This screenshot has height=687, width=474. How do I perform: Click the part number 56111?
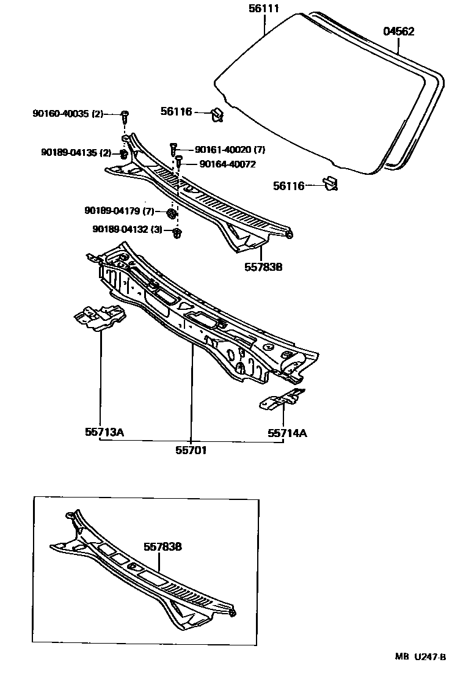264,9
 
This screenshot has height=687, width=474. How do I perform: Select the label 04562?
398,32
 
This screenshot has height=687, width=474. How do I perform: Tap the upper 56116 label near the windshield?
177,112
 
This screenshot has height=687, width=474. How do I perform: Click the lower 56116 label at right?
289,186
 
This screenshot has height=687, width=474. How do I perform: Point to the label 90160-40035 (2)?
68,114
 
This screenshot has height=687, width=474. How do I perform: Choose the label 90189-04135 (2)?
76,153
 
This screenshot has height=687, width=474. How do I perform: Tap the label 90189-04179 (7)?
120,211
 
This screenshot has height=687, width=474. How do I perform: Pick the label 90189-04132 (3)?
127,229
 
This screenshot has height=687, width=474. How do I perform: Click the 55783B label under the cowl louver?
263,266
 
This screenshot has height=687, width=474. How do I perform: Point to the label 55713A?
104,433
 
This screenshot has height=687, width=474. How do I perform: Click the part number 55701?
191,450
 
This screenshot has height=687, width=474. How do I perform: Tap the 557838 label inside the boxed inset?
162,547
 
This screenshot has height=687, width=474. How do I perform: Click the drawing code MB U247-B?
420,657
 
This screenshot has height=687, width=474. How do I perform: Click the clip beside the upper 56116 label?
216,114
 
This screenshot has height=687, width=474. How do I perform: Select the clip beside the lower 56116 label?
330,183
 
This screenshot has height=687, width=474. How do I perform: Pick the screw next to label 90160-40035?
125,114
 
